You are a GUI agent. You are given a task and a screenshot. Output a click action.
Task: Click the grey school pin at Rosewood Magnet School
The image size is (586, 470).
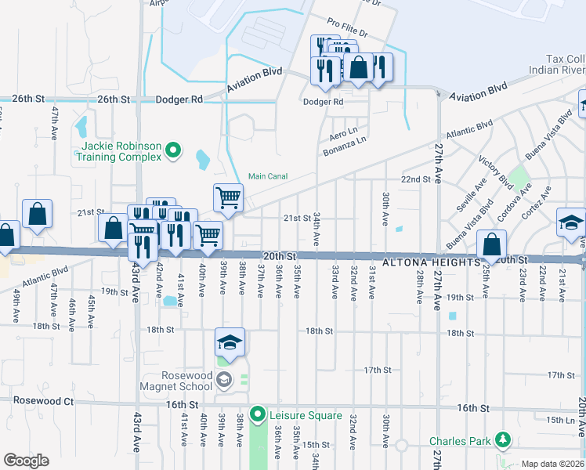pyautogui.click(x=224, y=381)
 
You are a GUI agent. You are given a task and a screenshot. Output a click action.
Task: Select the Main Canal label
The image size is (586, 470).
pyautogui.click(x=268, y=176)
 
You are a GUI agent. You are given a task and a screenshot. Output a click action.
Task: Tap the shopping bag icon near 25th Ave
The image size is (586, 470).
pyautogui.click(x=491, y=244)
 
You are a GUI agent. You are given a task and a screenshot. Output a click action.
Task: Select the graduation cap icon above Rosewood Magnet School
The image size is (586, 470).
pyautogui.click(x=230, y=342)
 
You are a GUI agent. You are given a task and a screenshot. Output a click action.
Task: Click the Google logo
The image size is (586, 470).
pyautogui.click(x=27, y=461)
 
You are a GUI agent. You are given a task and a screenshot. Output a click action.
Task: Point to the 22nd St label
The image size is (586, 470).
pyautogui.click(x=416, y=179)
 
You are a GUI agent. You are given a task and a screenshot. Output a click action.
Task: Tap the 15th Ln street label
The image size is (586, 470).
pyautogui.click(x=561, y=421)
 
